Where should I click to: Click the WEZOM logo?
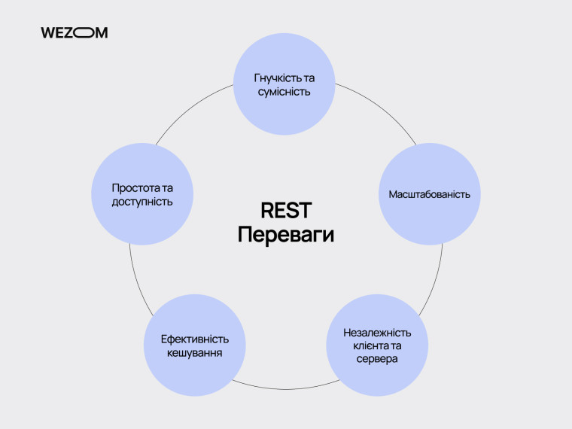click(x=74, y=32)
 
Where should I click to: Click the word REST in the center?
click(x=285, y=210)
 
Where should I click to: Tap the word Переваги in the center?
click(x=285, y=234)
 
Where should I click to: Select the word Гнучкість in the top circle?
click(x=275, y=78)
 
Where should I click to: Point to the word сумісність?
click(x=284, y=91)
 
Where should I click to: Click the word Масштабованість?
click(x=429, y=194)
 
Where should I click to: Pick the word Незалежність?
click(x=376, y=332)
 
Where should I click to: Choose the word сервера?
click(x=376, y=359)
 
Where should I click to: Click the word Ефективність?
click(x=195, y=339)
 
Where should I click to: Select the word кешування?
click(x=195, y=352)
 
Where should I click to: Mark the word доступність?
click(x=142, y=201)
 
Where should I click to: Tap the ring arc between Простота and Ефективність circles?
click(x=133, y=271)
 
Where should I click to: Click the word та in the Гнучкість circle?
click(x=309, y=78)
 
